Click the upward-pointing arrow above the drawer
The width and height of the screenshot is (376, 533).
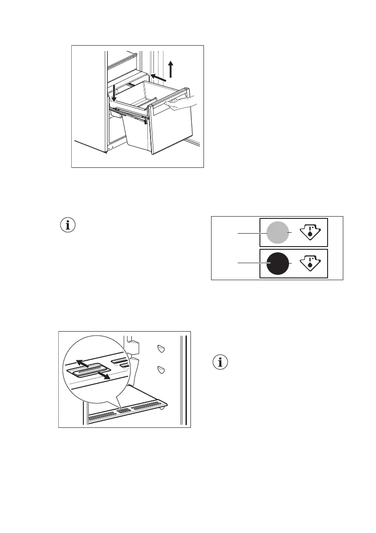click(171, 70)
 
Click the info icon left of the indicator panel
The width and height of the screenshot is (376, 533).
click(68, 225)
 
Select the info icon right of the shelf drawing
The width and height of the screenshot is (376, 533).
click(220, 362)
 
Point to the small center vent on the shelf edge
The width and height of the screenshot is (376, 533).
click(125, 410)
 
